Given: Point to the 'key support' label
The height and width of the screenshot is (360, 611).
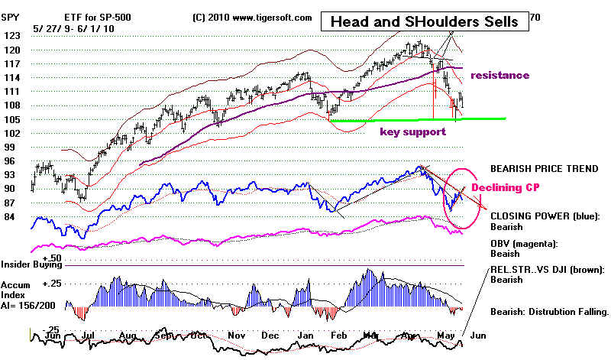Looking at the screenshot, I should click(x=412, y=131).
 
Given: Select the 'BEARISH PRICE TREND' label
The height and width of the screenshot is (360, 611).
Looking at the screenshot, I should click(x=543, y=167).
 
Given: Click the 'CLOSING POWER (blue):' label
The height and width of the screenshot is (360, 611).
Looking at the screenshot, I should click(x=543, y=216).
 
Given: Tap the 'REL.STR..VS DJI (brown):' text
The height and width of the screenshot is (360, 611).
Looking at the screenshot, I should click(x=548, y=269).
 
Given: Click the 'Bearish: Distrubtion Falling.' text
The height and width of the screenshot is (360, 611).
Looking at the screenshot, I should click(x=548, y=312).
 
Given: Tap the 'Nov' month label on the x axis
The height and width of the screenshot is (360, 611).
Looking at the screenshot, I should click(x=236, y=334).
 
